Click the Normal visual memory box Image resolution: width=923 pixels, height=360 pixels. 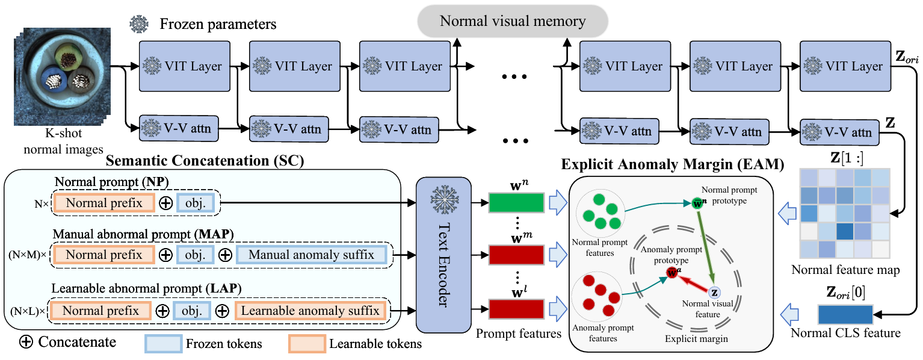[x=513, y=22]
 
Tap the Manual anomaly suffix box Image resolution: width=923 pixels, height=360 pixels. [x=311, y=255]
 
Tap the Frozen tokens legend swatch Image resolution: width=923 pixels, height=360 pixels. [x=163, y=344]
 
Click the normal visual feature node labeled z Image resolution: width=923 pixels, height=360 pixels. [x=714, y=292]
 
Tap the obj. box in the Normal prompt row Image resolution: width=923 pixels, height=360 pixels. [x=199, y=203]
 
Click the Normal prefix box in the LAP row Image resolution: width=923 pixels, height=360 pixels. [x=100, y=311]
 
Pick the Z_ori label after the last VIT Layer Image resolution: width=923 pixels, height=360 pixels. [x=906, y=60]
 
